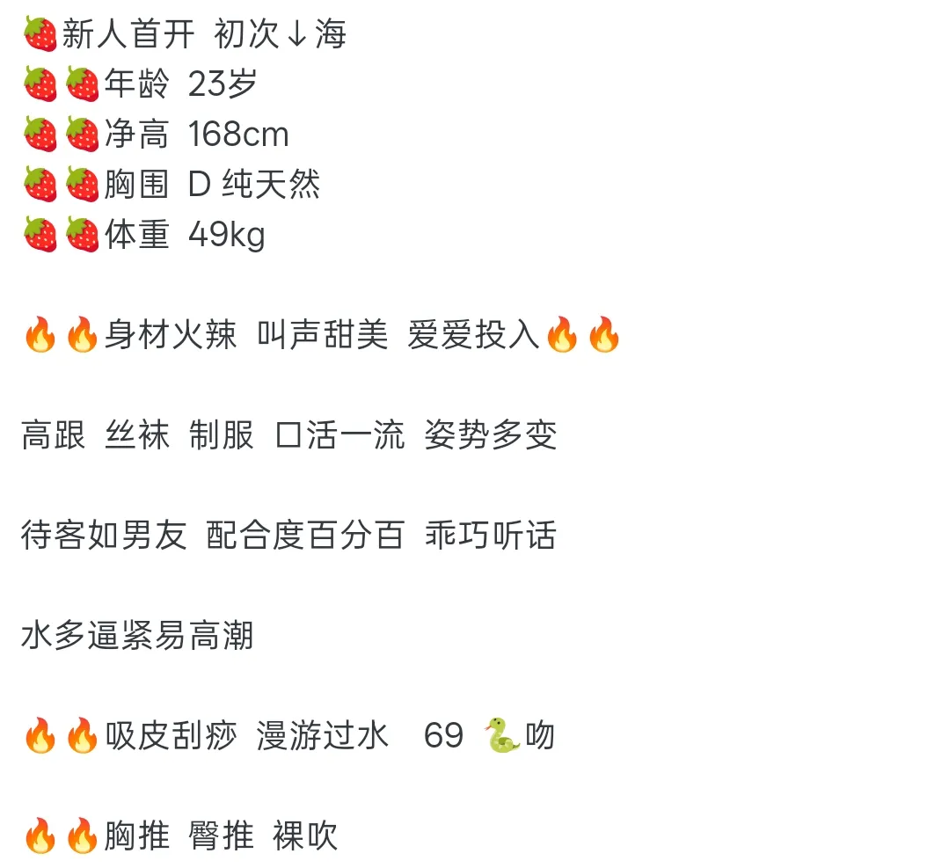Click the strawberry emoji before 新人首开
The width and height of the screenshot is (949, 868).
pyautogui.click(x=40, y=33)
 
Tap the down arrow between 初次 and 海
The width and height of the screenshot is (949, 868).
pyautogui.click(x=297, y=34)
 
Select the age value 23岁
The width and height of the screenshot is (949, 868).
pyautogui.click(x=223, y=84)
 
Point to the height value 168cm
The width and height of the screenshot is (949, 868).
pyautogui.click(x=238, y=134)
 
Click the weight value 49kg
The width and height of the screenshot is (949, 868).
pyautogui.click(x=227, y=235)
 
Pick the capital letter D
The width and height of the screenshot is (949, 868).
pyautogui.click(x=199, y=184)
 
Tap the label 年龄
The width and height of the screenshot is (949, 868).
pyautogui.click(x=137, y=84)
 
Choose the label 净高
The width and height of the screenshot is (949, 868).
pyautogui.click(x=137, y=134)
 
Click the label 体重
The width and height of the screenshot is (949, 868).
pyautogui.click(x=137, y=234)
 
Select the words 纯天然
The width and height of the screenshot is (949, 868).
pyautogui.click(x=271, y=184)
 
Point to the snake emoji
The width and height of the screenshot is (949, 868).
pyautogui.click(x=502, y=735)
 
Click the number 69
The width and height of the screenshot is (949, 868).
pyautogui.click(x=443, y=735)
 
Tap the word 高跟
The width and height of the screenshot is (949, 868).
pyautogui.click(x=54, y=434)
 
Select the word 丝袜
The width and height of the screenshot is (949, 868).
pyautogui.click(x=137, y=434)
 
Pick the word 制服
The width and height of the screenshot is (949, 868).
pyautogui.click(x=222, y=434)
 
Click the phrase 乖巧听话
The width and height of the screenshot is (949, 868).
pyautogui.click(x=490, y=535)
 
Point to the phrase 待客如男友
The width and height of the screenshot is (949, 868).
pyautogui.click(x=104, y=535)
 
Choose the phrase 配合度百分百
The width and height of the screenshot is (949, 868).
pyautogui.click(x=305, y=535)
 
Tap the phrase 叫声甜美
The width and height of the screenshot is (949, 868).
pyautogui.click(x=322, y=334)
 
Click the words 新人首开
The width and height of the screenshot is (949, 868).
pyautogui.click(x=128, y=33)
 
